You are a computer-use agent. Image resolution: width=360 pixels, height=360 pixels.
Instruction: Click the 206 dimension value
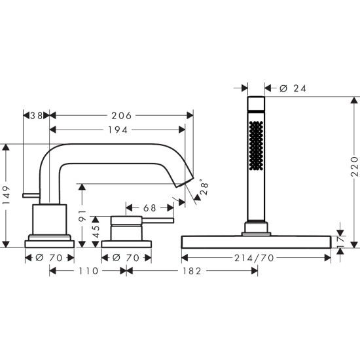point(121,115)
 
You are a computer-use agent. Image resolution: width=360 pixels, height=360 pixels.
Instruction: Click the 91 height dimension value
point(82,215)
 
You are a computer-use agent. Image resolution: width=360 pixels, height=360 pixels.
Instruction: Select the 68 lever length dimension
point(149,208)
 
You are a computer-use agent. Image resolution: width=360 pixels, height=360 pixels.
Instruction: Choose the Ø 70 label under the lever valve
point(126,257)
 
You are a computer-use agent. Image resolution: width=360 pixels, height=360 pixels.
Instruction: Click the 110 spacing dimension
point(88,270)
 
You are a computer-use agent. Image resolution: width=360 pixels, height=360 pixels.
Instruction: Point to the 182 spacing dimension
point(191,270)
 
